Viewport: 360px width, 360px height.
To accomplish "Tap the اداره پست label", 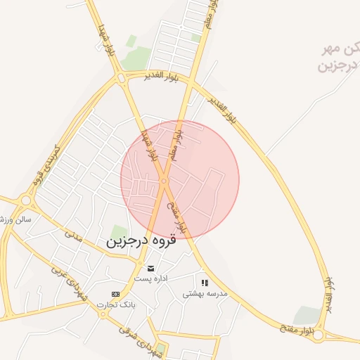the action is coord(151,278).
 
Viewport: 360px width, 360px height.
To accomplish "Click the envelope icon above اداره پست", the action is coord(150,268).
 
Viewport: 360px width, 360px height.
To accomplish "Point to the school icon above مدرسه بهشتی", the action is coord(205,283).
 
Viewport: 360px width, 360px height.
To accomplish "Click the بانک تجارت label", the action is coord(116,304).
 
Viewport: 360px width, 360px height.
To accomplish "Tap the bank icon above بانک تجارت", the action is coord(115,294).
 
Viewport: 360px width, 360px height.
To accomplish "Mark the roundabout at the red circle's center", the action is coord(163,181).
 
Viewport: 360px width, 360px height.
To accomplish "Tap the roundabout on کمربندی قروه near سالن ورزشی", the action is coord(26,200).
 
